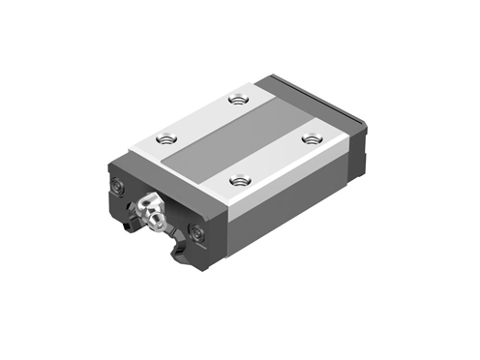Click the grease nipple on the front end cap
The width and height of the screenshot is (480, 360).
pyautogui.click(x=151, y=209)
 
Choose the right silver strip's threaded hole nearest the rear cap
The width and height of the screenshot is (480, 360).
pyautogui.click(x=312, y=138)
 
